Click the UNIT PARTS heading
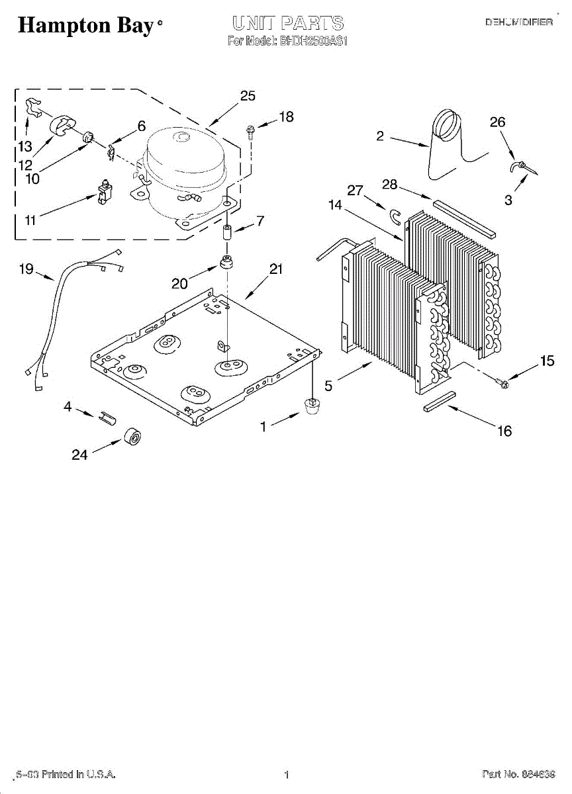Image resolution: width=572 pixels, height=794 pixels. pyautogui.click(x=287, y=24)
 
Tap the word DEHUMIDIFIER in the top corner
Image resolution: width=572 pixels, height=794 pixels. pyautogui.click(x=519, y=22)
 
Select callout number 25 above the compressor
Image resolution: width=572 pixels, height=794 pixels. pyautogui.click(x=248, y=96)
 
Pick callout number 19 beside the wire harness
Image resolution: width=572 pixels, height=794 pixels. pyautogui.click(x=26, y=268)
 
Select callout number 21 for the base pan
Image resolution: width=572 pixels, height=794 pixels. pyautogui.click(x=276, y=269)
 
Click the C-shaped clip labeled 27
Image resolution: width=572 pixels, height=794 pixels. pyautogui.click(x=395, y=215)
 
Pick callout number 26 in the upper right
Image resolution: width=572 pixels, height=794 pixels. pyautogui.click(x=497, y=122)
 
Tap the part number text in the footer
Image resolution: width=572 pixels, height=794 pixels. pyautogui.click(x=518, y=774)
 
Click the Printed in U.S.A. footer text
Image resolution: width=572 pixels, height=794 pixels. pyautogui.click(x=66, y=774)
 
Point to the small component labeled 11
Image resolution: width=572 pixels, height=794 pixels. pyautogui.click(x=103, y=192)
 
